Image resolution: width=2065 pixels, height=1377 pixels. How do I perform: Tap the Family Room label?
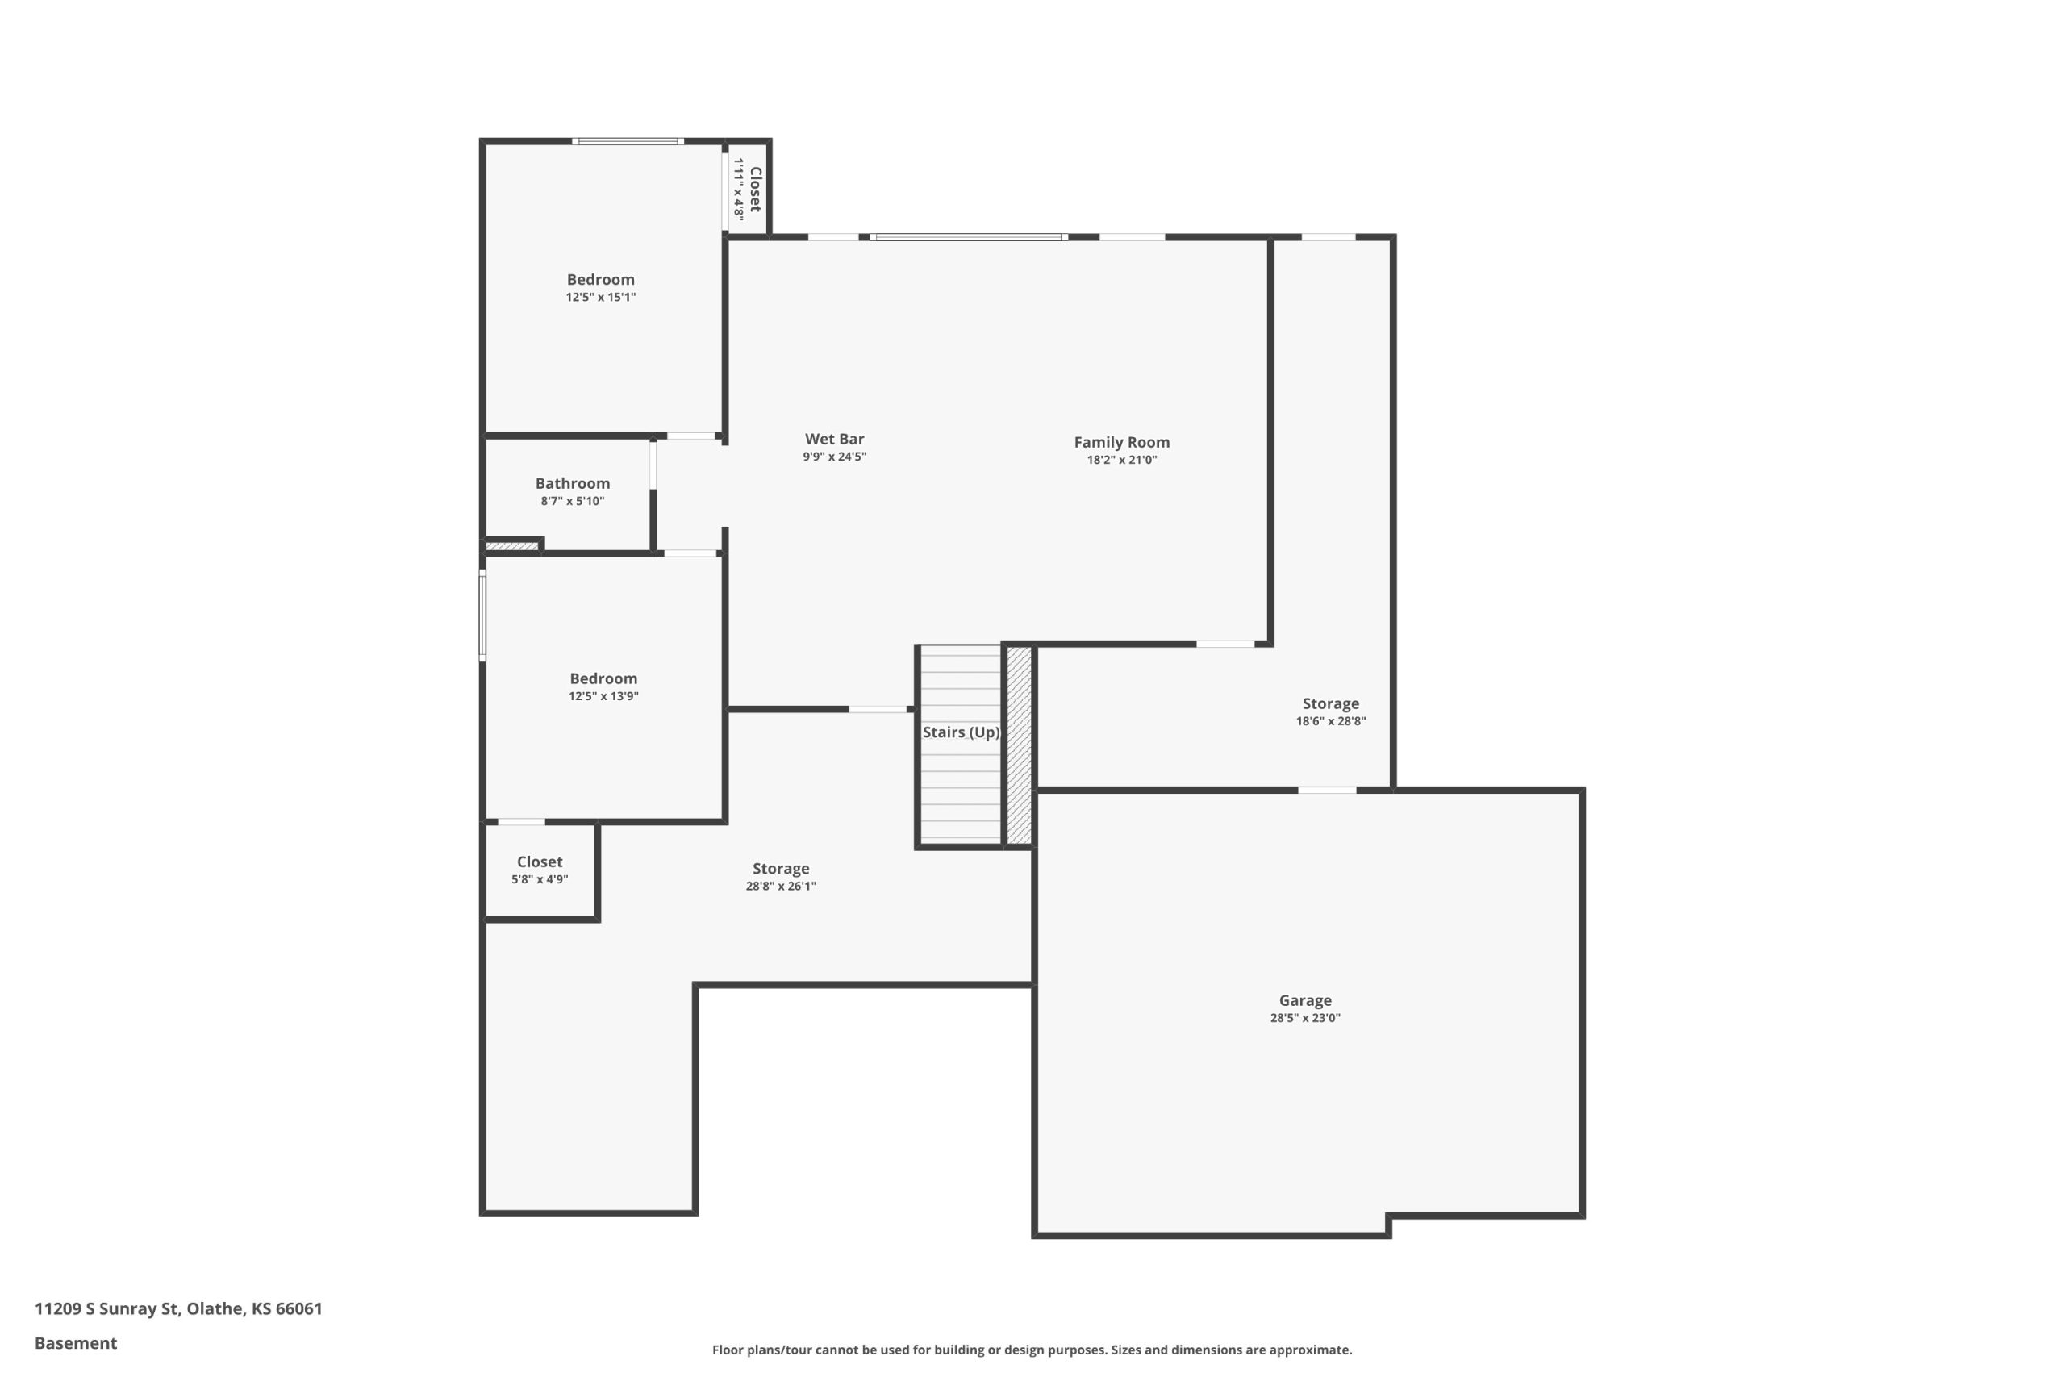(1121, 443)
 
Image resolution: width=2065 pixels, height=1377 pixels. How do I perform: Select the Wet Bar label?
(834, 439)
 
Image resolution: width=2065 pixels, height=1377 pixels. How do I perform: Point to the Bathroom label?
(573, 483)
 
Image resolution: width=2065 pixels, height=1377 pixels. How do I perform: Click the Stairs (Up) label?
(961, 732)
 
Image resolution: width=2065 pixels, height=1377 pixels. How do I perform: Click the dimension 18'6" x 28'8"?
(1331, 721)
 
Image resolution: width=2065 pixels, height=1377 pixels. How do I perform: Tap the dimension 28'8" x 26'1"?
(781, 886)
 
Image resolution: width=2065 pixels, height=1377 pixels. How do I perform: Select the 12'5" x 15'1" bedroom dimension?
(600, 297)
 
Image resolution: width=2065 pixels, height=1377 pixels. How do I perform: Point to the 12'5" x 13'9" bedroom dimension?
(603, 696)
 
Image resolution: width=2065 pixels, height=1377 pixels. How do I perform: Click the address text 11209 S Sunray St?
(108, 1308)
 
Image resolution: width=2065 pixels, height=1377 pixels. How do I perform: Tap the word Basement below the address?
(76, 1343)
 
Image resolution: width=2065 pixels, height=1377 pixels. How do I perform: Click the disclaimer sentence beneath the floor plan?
(1032, 1350)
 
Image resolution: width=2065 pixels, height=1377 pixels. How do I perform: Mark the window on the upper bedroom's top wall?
(628, 141)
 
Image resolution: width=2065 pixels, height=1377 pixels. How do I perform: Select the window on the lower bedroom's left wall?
(482, 615)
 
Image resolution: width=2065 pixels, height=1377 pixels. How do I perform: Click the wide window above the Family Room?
(969, 237)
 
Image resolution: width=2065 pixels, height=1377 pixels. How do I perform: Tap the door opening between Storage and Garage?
(1327, 791)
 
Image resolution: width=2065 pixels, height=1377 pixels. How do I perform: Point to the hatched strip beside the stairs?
(1019, 745)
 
